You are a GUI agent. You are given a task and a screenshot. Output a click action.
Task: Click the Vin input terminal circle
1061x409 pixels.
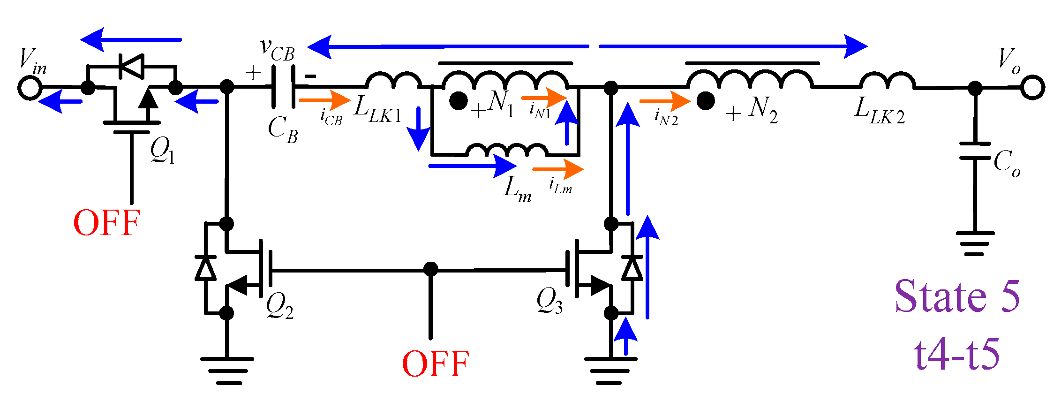tap(30, 88)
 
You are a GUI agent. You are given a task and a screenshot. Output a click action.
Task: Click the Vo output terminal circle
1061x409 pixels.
tap(1032, 88)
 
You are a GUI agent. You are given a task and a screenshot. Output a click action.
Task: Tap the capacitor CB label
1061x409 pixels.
tap(282, 129)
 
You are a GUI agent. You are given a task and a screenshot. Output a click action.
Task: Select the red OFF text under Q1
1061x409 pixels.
tap(107, 223)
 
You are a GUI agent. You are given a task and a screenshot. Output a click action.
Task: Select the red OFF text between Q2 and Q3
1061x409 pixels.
tap(436, 364)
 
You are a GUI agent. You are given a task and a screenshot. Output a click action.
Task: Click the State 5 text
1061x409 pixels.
tap(957, 296)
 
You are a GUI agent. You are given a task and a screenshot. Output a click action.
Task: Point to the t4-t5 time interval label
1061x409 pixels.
tap(957, 355)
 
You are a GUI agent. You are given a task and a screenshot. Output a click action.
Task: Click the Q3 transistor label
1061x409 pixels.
tap(549, 300)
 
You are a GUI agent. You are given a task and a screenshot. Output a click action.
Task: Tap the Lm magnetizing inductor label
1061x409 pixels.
tap(517, 189)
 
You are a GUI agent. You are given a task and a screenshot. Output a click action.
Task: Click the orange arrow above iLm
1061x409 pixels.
tap(558, 169)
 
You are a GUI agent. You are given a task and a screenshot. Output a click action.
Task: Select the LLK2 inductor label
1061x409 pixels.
tap(879, 112)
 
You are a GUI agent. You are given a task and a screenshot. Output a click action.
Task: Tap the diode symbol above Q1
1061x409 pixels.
tap(131, 66)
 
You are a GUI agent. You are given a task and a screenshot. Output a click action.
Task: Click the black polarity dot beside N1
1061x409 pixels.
tap(458, 101)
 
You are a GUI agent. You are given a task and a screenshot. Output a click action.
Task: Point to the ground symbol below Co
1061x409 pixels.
tap(975, 243)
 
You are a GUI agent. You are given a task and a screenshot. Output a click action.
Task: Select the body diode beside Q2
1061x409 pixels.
tap(205, 269)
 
